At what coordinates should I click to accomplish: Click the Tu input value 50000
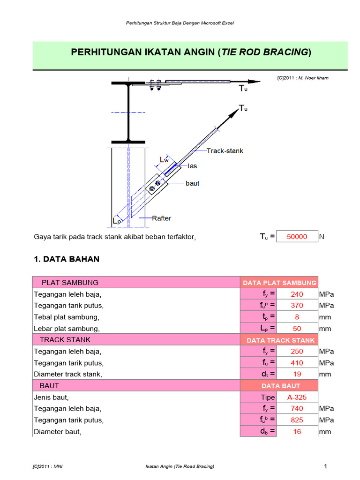click(x=297, y=237)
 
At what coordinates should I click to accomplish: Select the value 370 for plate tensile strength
click(x=297, y=306)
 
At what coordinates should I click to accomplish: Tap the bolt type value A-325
click(x=297, y=397)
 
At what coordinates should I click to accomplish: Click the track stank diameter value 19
click(x=297, y=374)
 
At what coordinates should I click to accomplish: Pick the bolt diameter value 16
click(x=297, y=432)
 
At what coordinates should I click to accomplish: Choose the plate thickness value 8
click(x=297, y=317)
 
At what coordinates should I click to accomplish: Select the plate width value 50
click(x=297, y=329)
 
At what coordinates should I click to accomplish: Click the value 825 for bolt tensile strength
click(x=297, y=420)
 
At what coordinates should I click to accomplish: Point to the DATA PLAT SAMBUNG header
click(x=279, y=283)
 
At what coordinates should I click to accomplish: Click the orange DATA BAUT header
click(x=279, y=386)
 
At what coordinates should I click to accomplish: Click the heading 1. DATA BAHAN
click(x=67, y=259)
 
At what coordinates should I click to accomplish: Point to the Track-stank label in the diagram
click(x=225, y=151)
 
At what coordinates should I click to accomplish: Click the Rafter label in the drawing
click(x=162, y=218)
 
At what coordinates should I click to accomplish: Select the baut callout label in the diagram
click(x=192, y=183)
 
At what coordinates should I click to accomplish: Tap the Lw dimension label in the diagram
click(x=164, y=160)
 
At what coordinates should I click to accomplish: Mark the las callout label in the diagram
click(x=192, y=166)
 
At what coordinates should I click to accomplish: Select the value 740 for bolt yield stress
click(x=297, y=409)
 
